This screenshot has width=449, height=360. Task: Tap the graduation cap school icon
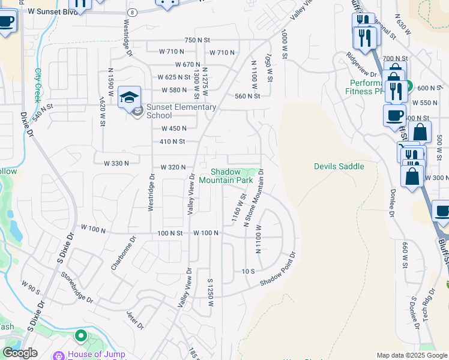(129, 96)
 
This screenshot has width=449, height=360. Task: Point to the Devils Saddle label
(339, 166)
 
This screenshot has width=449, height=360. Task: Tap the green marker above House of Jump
(80, 335)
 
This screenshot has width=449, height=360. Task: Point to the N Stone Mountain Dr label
(254, 198)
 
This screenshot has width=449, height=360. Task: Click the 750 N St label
(197, 40)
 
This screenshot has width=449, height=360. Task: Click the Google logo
(20, 353)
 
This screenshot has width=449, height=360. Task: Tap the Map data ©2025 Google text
(411, 355)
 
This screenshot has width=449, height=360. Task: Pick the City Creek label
(40, 83)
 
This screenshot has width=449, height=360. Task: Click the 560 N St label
(247, 96)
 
